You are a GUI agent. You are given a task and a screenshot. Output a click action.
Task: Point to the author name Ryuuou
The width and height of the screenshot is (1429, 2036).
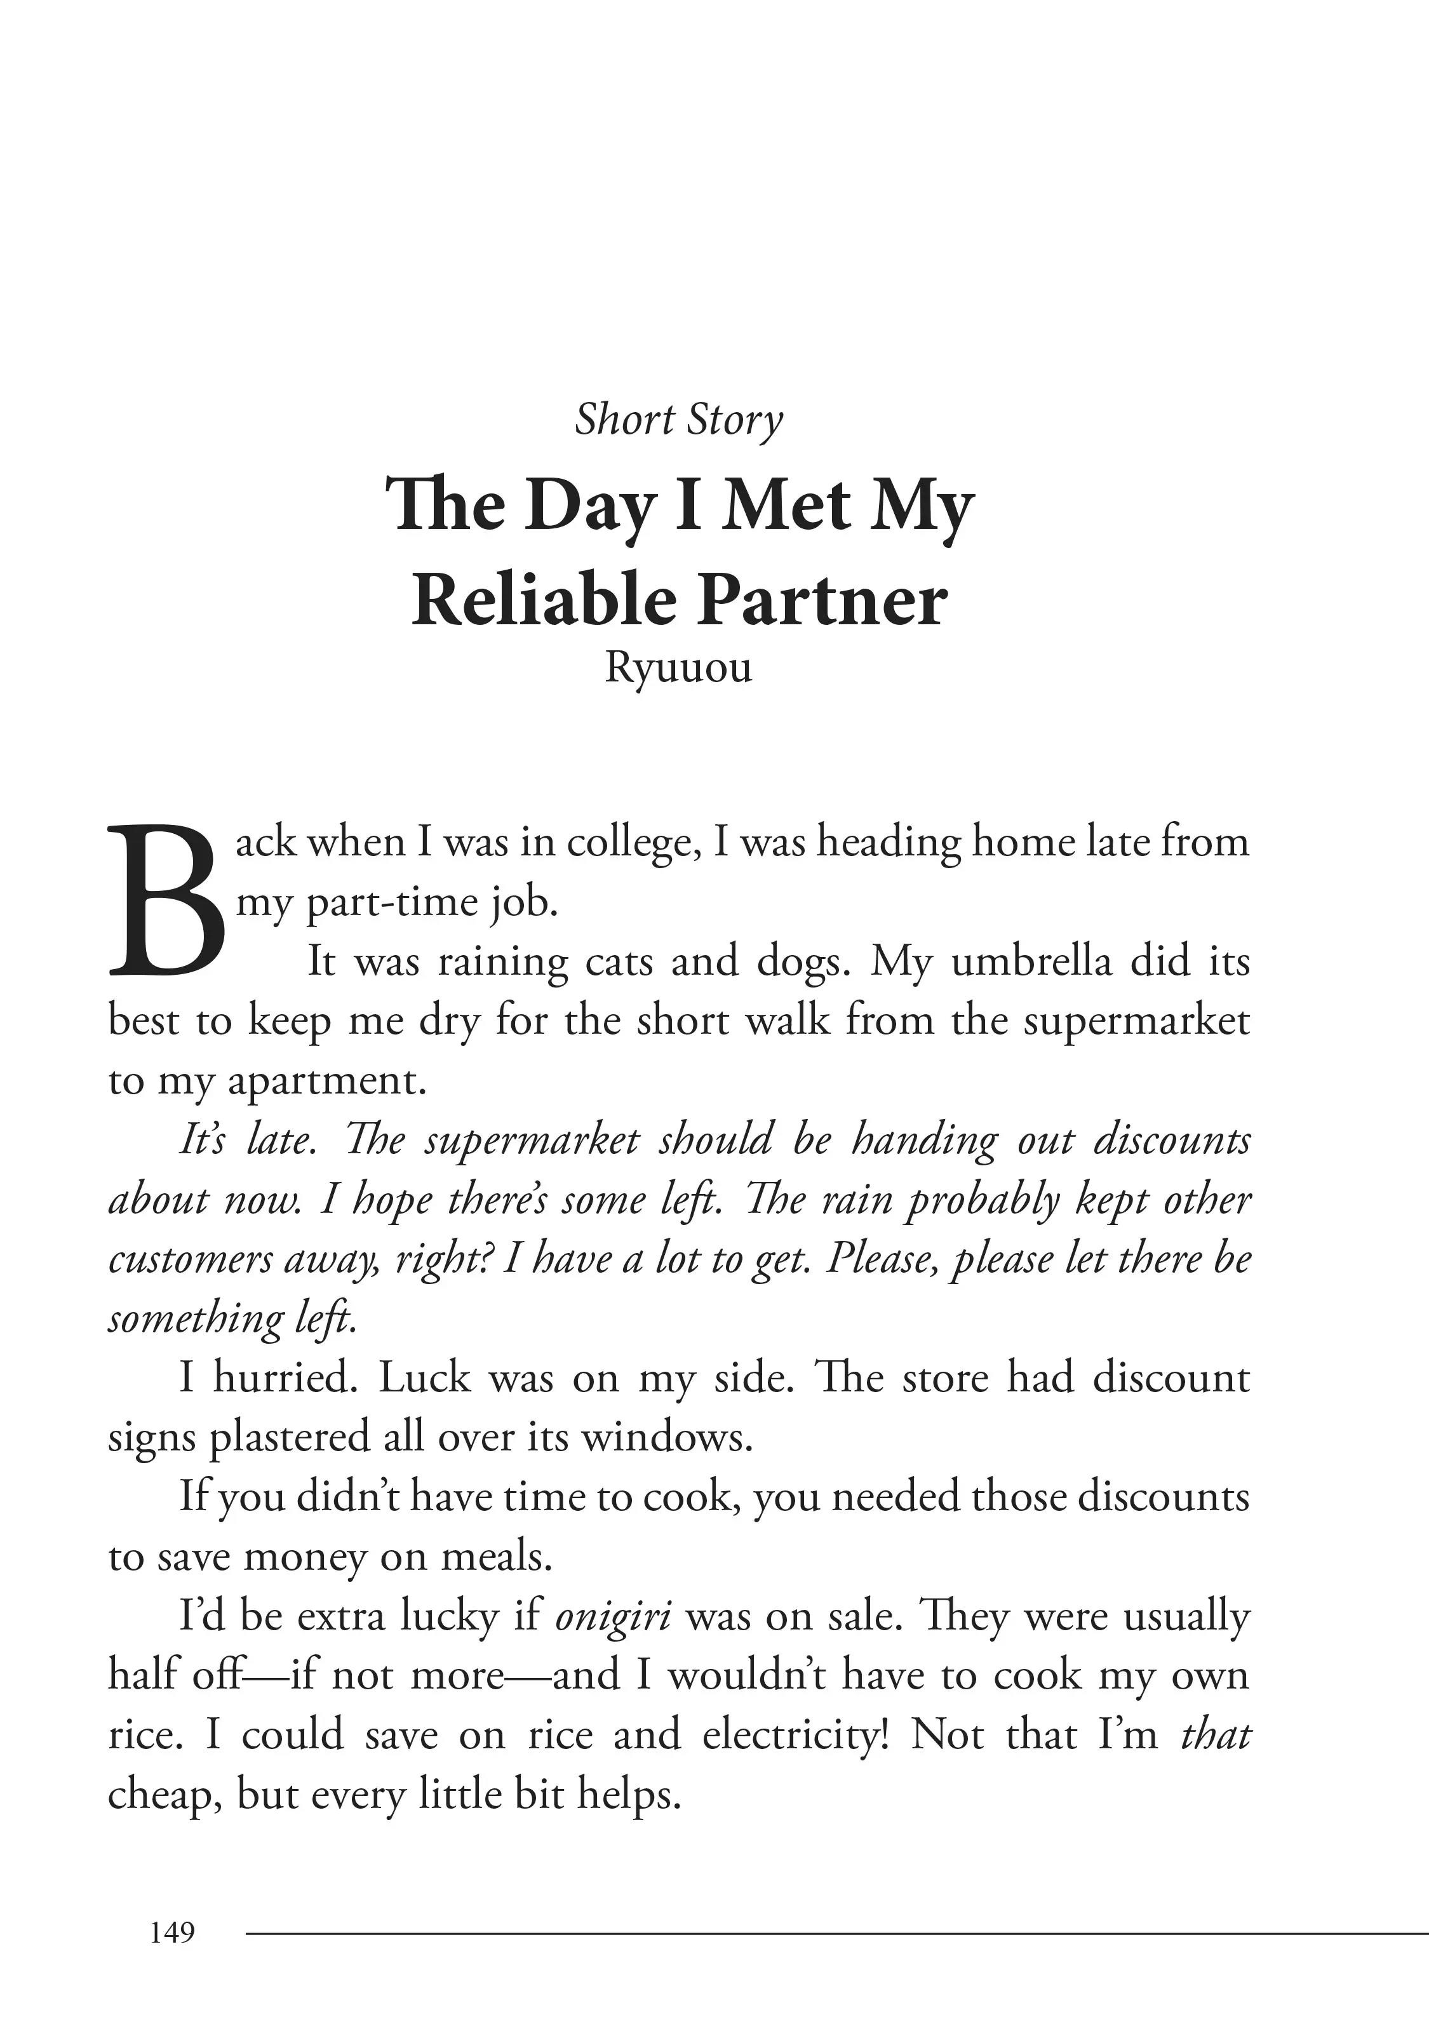pyautogui.click(x=678, y=667)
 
